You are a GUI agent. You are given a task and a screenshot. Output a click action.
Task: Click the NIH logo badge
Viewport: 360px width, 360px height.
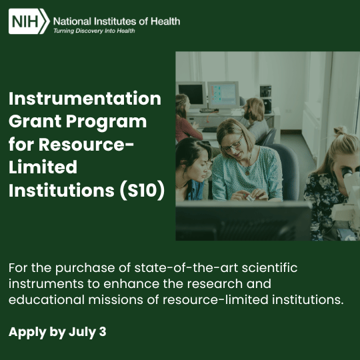(29, 21)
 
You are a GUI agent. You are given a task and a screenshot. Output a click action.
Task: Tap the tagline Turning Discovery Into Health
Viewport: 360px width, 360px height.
(94, 31)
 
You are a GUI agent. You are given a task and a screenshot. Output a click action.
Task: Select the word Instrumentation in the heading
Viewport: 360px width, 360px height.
(85, 99)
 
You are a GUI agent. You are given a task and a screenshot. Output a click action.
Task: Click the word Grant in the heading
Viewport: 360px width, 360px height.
(35, 121)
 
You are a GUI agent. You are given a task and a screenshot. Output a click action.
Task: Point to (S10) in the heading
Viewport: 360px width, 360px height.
(142, 190)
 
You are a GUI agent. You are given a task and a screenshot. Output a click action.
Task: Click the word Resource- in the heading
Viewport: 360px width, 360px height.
(86, 145)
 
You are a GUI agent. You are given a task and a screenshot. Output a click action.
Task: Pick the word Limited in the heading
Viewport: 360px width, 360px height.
(43, 167)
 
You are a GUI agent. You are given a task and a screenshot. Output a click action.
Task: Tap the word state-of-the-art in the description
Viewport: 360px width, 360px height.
(186, 268)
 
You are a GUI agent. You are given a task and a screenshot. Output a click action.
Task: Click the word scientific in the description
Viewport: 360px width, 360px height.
(269, 268)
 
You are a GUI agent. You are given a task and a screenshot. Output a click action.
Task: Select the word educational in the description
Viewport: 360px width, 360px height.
(47, 299)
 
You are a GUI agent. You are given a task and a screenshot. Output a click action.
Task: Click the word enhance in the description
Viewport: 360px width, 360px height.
(131, 284)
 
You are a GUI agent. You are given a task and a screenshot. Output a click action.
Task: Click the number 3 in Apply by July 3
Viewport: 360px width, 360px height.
(103, 332)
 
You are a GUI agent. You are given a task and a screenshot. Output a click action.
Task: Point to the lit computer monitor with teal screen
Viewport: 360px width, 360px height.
(223, 95)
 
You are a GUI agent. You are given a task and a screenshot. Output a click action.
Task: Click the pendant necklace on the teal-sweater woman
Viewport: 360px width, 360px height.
(247, 172)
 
